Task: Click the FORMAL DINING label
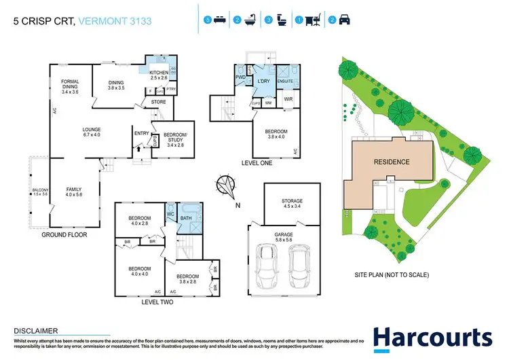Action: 70,85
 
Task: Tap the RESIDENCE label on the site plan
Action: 391,162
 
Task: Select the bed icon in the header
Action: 218,20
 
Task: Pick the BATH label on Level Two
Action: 186,217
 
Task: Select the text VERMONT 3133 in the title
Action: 115,22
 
